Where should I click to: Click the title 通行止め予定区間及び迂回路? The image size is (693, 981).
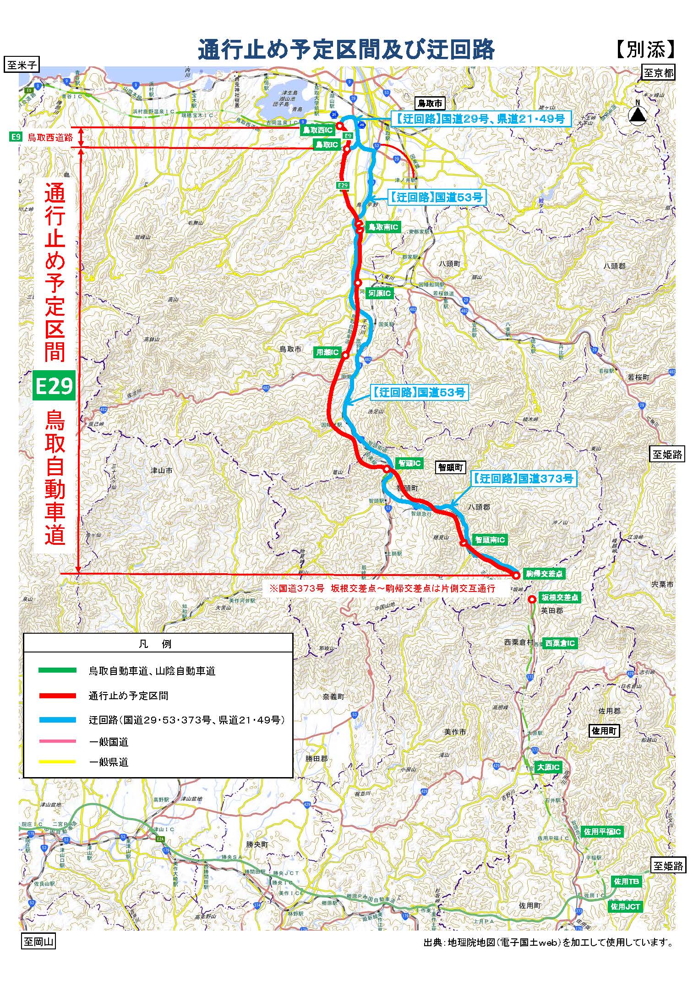click(x=346, y=49)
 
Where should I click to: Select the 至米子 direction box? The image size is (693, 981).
click(x=21, y=65)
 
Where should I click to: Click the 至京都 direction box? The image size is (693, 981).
click(x=658, y=72)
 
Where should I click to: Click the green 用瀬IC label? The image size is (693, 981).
click(x=327, y=353)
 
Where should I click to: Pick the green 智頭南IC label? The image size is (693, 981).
click(x=490, y=540)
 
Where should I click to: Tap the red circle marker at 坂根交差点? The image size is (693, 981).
click(x=532, y=599)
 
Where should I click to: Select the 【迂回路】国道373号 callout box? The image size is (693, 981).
click(x=523, y=479)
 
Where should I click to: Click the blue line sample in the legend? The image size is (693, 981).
click(x=57, y=720)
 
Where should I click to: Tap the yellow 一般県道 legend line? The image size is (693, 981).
click(x=57, y=762)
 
